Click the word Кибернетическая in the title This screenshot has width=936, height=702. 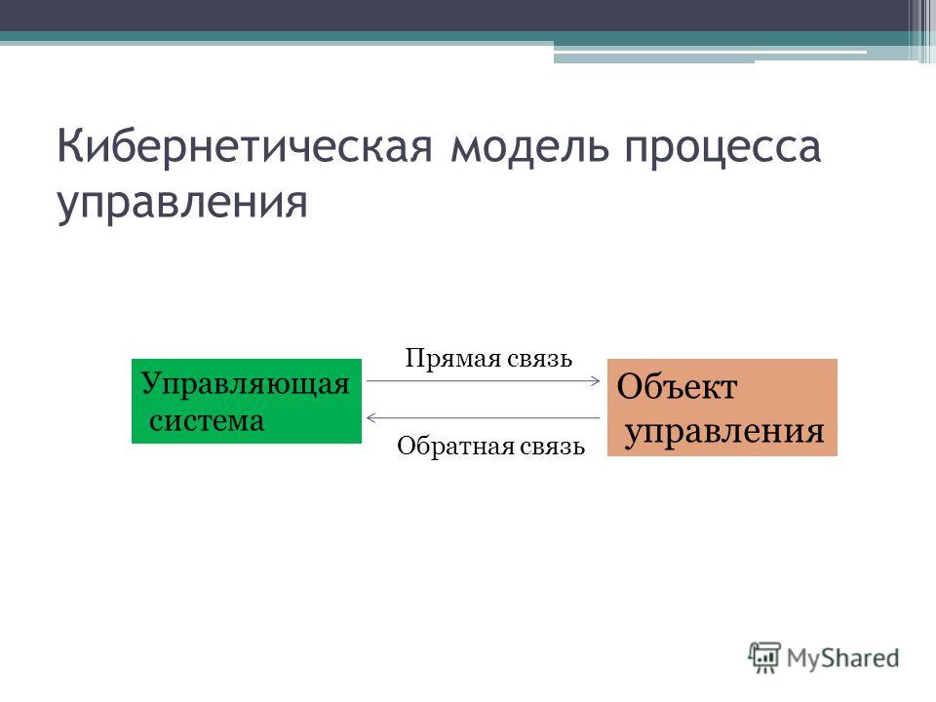[x=244, y=145]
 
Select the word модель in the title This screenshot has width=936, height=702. [x=530, y=147]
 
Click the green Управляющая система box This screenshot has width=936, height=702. [x=247, y=401]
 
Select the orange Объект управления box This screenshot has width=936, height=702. [x=722, y=408]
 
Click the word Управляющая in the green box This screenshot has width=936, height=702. [x=246, y=384]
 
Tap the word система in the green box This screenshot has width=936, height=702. [x=207, y=421]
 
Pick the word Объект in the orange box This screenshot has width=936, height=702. [x=677, y=387]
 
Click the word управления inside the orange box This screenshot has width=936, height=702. [x=724, y=432]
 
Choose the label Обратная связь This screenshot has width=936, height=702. [x=490, y=446]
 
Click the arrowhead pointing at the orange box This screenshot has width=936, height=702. [x=595, y=381]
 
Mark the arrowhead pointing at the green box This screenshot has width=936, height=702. [x=371, y=418]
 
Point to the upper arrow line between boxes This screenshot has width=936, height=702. [x=483, y=381]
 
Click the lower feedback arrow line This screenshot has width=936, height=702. [x=483, y=418]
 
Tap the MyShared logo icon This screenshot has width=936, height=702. [x=764, y=658]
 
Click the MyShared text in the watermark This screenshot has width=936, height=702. [x=842, y=659]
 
